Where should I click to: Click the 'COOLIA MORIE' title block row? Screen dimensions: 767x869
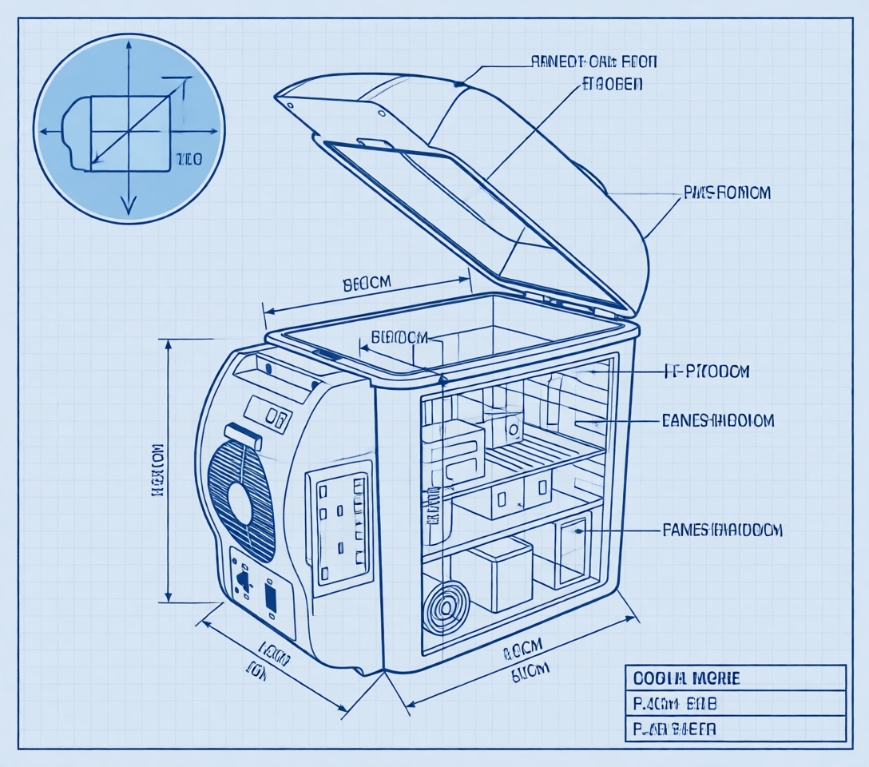(x=734, y=678)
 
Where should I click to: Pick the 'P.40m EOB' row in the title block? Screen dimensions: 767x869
(x=734, y=704)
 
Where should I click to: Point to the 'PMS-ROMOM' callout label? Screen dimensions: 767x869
(x=727, y=193)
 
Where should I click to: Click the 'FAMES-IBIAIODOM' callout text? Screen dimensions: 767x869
(x=722, y=530)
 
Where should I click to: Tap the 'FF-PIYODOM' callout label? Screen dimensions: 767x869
(x=707, y=372)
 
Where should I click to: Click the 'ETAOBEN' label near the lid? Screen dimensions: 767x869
(x=611, y=83)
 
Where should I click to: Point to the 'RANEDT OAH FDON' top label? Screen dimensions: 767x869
(x=594, y=62)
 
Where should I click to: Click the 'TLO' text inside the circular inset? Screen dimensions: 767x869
(x=188, y=160)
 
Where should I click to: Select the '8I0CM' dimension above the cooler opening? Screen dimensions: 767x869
(x=367, y=283)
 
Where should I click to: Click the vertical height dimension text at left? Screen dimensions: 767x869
(x=157, y=471)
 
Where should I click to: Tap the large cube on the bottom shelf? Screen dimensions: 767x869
(x=500, y=574)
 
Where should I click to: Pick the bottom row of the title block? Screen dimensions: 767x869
(x=734, y=729)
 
